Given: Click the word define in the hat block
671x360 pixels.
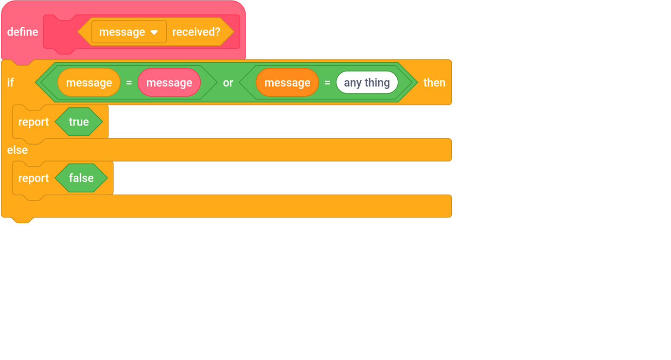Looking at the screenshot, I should (x=22, y=32).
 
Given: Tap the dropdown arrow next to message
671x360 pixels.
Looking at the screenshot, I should (x=154, y=33).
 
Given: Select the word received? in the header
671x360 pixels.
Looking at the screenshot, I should (x=196, y=32).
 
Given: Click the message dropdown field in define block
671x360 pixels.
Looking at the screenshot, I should (x=123, y=32).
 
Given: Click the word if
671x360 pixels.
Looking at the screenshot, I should (x=10, y=83).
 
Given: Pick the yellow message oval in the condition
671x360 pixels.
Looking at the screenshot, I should (x=89, y=83).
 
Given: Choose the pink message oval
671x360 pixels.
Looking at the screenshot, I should (x=169, y=83).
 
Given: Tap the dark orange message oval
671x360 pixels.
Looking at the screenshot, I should (x=287, y=83).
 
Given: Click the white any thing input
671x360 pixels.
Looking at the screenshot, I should (x=367, y=83).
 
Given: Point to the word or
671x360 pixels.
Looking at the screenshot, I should (x=228, y=83).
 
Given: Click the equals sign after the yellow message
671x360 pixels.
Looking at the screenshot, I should (x=129, y=83).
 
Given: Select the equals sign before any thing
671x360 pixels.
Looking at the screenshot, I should (x=327, y=83).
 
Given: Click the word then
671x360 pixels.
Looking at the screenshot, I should (x=434, y=83).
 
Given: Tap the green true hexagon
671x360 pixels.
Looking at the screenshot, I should (x=79, y=122).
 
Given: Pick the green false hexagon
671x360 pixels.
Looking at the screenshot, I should (x=81, y=178).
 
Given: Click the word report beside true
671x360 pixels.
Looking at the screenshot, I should (x=34, y=122).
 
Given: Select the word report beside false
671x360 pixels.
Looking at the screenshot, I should (x=34, y=179).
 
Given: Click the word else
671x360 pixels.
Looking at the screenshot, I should (x=18, y=150).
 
